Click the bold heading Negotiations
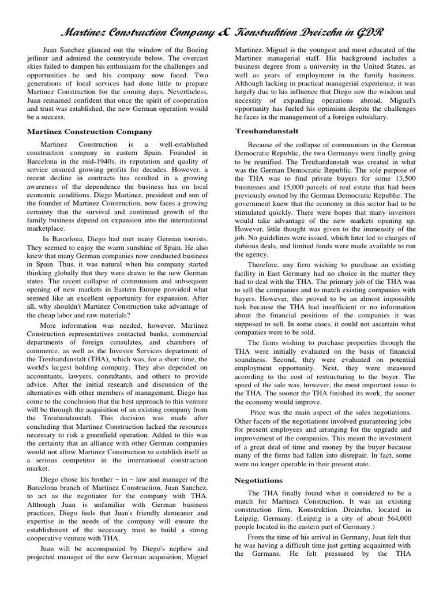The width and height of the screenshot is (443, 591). [259, 480]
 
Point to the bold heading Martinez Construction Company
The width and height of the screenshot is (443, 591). [89, 132]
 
